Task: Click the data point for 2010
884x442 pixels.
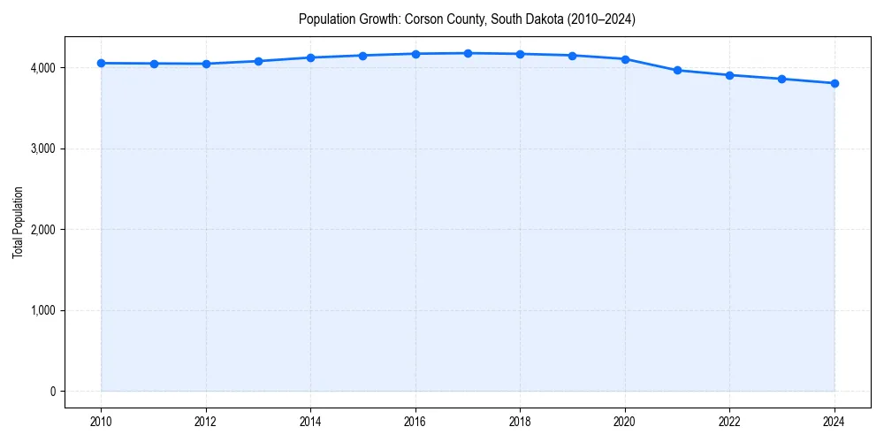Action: pyautogui.click(x=102, y=63)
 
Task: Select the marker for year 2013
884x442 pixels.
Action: pyautogui.click(x=258, y=61)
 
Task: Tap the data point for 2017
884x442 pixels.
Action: pyautogui.click(x=468, y=53)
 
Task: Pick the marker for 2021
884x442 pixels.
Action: pyautogui.click(x=677, y=70)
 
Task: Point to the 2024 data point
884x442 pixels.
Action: pyautogui.click(x=834, y=83)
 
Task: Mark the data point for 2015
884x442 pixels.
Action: pyautogui.click(x=363, y=56)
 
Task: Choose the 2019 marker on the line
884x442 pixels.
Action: pyautogui.click(x=573, y=56)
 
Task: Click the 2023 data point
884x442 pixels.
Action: pyautogui.click(x=782, y=79)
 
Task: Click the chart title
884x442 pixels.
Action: pyautogui.click(x=467, y=19)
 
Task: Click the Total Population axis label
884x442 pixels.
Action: pyautogui.click(x=18, y=222)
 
